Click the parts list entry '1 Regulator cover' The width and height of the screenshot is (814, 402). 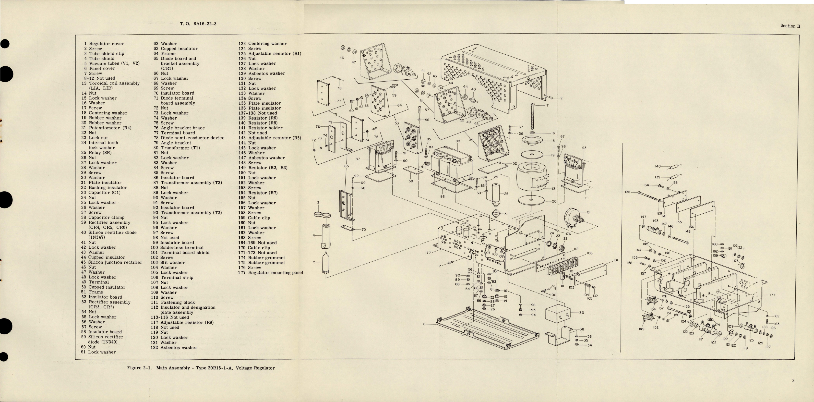(104, 44)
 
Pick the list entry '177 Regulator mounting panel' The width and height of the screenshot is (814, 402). (271, 272)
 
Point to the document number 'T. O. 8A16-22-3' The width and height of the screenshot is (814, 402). (198, 24)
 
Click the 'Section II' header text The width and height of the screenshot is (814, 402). (790, 26)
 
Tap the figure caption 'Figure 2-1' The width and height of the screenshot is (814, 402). (140, 368)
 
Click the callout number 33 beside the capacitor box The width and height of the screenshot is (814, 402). (581, 313)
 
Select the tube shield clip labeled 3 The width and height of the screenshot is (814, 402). (322, 214)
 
